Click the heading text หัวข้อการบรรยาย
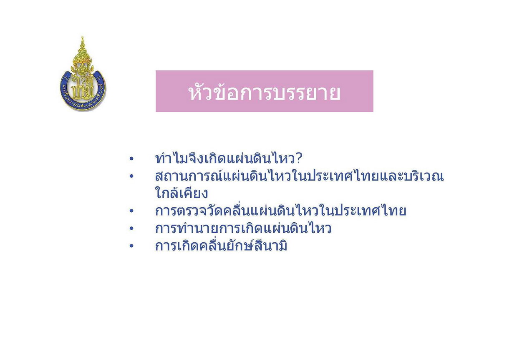point(264,93)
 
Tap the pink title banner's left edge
point(156,91)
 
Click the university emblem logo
point(83,74)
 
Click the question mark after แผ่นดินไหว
point(299,158)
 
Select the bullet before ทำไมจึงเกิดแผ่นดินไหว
point(131,159)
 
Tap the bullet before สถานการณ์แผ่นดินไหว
point(131,176)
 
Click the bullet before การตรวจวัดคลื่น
point(131,211)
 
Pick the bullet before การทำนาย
point(131,228)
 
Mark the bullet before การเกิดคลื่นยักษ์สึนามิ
point(131,246)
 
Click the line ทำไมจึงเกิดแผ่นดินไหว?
point(229,158)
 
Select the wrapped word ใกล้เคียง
point(182,193)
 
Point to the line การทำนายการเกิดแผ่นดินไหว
point(243,228)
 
